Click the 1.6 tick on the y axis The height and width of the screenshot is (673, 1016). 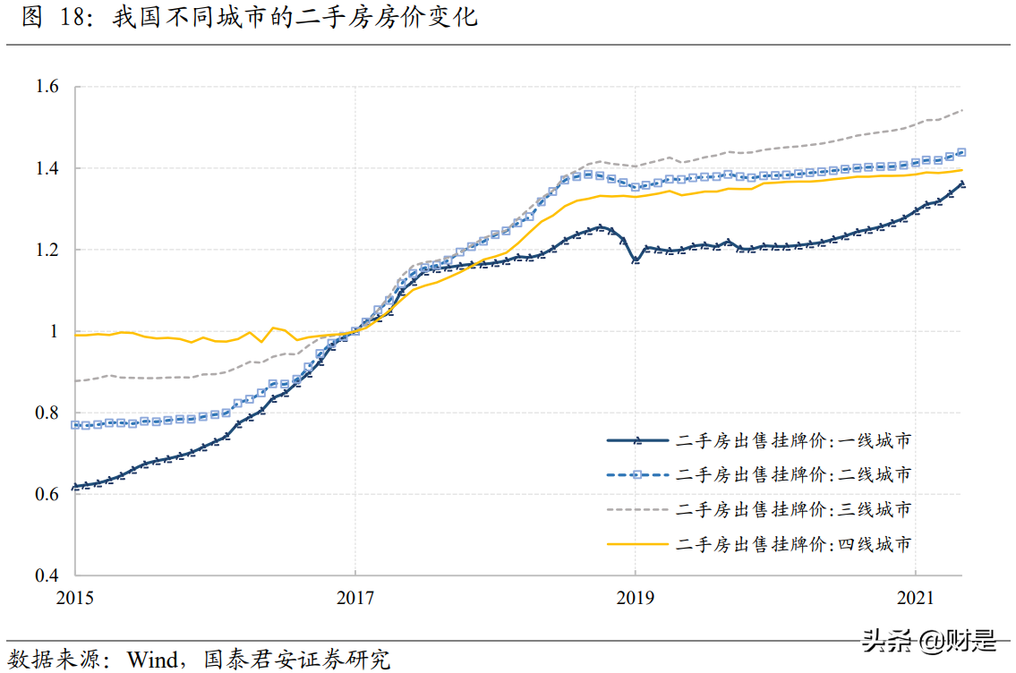[x=47, y=87]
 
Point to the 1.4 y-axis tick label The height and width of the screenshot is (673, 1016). [x=47, y=168]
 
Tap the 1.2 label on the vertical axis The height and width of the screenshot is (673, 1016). [x=47, y=250]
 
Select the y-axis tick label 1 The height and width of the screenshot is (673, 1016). [x=53, y=331]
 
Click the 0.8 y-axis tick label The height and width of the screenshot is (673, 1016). [x=47, y=413]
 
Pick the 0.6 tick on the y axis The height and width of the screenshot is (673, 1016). [x=47, y=494]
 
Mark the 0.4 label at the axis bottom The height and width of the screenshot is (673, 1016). [x=47, y=575]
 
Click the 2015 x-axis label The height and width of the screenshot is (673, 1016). [x=76, y=597]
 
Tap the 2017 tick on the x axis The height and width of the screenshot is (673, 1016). [x=355, y=597]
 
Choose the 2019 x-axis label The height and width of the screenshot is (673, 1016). [x=635, y=597]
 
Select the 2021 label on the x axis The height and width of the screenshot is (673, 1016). [x=914, y=597]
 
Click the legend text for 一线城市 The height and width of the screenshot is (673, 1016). [x=794, y=440]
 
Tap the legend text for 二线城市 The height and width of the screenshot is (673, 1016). [x=794, y=474]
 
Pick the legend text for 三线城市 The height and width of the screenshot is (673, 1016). [x=794, y=509]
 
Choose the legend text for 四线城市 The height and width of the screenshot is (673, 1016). [x=794, y=543]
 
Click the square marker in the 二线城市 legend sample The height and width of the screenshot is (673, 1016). [x=637, y=474]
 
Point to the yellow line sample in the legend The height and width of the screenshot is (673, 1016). [x=637, y=543]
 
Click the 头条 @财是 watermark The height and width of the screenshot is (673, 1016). [x=928, y=641]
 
